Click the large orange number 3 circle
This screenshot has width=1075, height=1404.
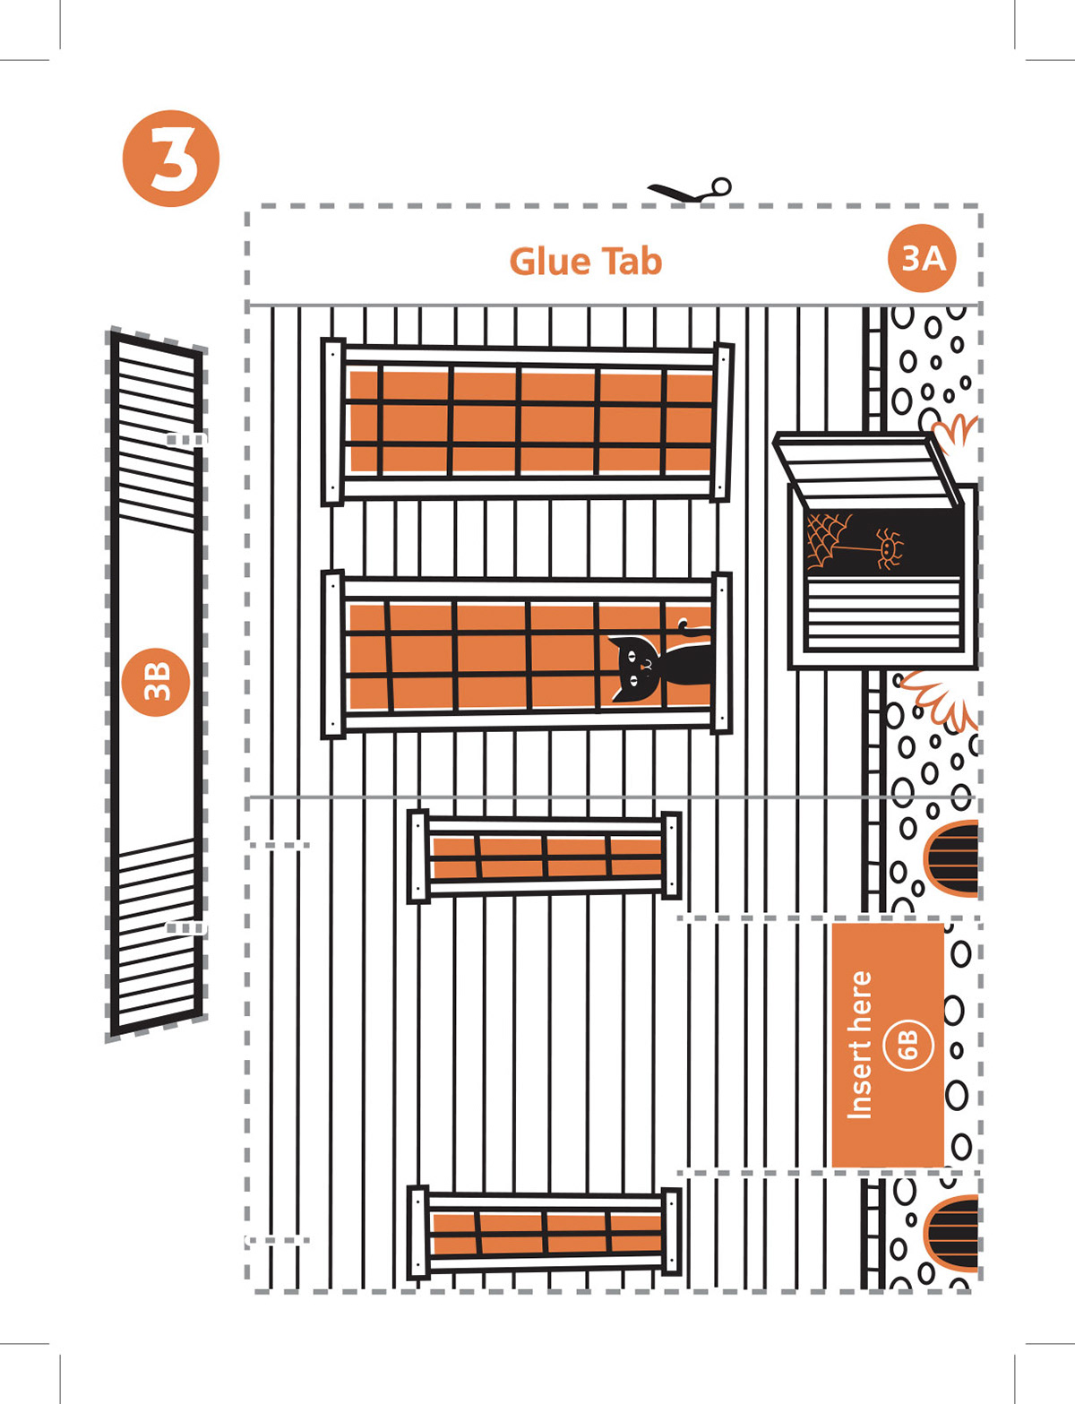[x=170, y=159]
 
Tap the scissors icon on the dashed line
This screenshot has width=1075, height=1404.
[x=691, y=190]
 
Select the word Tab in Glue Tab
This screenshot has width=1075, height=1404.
[x=632, y=262]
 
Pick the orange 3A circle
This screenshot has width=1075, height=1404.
[x=923, y=258]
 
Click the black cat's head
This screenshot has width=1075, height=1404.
[x=637, y=663]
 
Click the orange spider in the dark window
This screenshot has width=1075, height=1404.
[x=889, y=547]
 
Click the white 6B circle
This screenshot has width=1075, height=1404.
[x=907, y=1044]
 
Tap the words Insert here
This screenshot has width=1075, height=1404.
[x=859, y=1045]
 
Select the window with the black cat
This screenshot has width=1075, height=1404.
[x=527, y=654]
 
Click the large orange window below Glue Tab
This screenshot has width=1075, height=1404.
[x=527, y=421]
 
